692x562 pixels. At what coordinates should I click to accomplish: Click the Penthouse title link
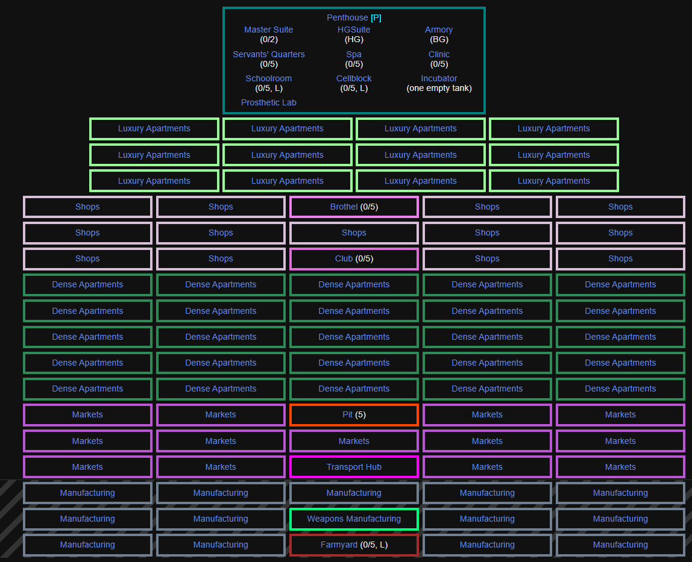tap(347, 18)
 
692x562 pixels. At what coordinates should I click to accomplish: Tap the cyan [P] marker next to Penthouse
tap(376, 18)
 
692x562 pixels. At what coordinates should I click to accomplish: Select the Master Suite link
tap(268, 30)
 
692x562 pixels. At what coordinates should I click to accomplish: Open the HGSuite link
tap(354, 30)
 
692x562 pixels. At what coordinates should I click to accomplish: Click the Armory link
tap(439, 30)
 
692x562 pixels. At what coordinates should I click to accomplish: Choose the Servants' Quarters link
tap(268, 54)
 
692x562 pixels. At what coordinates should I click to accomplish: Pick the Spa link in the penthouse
tap(354, 54)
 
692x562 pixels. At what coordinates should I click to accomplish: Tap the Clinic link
tap(439, 54)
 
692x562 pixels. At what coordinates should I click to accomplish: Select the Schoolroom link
tap(268, 78)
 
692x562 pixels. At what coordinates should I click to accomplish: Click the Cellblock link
tap(354, 78)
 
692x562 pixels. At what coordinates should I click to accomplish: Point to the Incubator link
tap(439, 78)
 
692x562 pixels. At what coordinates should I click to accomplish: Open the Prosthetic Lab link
tap(268, 102)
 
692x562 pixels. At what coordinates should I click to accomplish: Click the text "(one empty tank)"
tap(439, 88)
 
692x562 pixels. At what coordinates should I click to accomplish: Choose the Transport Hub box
tap(354, 467)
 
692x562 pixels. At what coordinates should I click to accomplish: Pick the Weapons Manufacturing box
tap(354, 519)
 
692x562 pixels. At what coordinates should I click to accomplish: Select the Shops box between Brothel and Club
tap(354, 233)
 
